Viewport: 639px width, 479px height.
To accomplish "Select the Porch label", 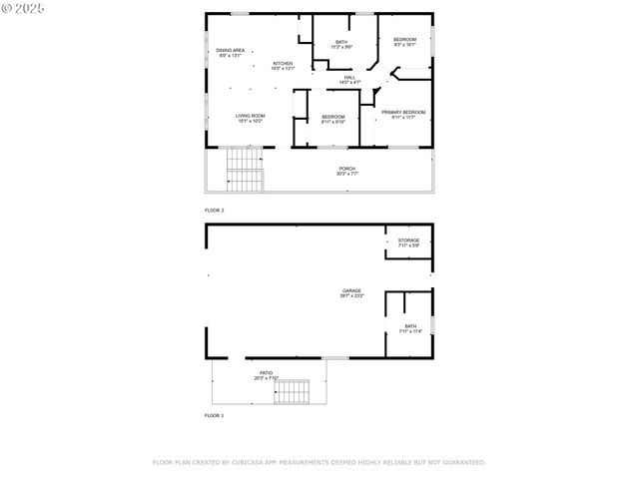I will click(x=346, y=170).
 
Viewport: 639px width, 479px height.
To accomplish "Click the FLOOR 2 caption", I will click(x=215, y=211).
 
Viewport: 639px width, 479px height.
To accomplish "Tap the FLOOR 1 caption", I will click(x=215, y=414).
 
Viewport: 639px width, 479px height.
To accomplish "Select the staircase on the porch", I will click(x=245, y=169).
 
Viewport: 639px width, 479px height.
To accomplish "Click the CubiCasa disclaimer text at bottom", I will click(x=319, y=462).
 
